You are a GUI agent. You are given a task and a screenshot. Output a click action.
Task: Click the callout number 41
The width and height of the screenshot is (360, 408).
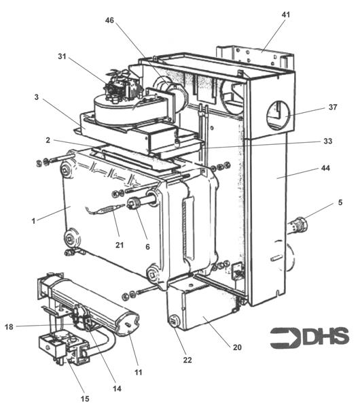click(286, 14)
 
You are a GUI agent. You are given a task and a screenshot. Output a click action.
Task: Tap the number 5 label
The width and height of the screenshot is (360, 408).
click(340, 203)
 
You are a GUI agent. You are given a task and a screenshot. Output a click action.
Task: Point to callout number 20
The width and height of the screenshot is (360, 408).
click(236, 347)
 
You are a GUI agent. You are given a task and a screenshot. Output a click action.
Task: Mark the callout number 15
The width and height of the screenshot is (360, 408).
click(85, 398)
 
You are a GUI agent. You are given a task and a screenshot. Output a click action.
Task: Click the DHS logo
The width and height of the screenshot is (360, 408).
click(309, 337)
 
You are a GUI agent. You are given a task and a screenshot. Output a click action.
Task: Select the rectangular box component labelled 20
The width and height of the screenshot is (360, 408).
click(200, 306)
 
